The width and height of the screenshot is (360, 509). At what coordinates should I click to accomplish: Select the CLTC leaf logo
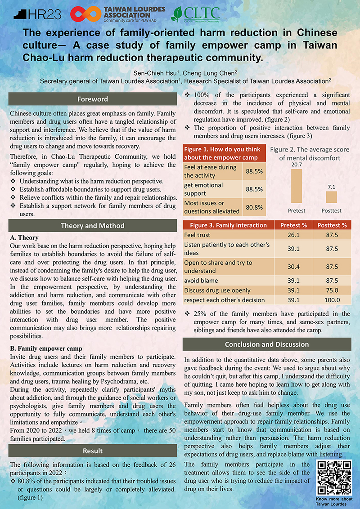click(x=179, y=14)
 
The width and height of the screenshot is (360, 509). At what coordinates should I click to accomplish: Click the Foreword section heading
click(x=93, y=99)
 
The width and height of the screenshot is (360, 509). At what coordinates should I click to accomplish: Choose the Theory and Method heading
click(x=93, y=226)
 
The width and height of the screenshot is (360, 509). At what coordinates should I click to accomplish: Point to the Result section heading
click(x=93, y=451)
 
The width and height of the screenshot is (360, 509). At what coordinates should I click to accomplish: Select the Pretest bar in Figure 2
click(x=297, y=186)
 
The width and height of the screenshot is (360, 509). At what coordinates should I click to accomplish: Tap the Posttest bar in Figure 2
click(x=332, y=197)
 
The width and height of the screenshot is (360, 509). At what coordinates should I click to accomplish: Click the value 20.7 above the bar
click(x=297, y=165)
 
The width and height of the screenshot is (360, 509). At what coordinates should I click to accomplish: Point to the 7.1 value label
click(x=332, y=186)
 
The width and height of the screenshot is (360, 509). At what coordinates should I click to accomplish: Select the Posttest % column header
click(x=332, y=225)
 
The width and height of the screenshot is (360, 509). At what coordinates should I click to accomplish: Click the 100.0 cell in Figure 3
click(x=332, y=300)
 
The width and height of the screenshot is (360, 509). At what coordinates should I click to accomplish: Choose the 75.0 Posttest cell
click(x=332, y=290)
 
